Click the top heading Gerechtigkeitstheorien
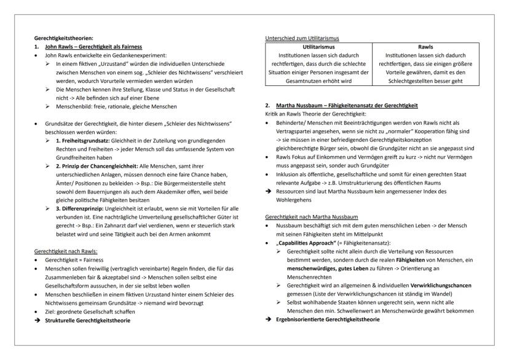pos(60,38)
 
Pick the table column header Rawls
pos(425,46)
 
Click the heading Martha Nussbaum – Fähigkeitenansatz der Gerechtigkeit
pos(348,106)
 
